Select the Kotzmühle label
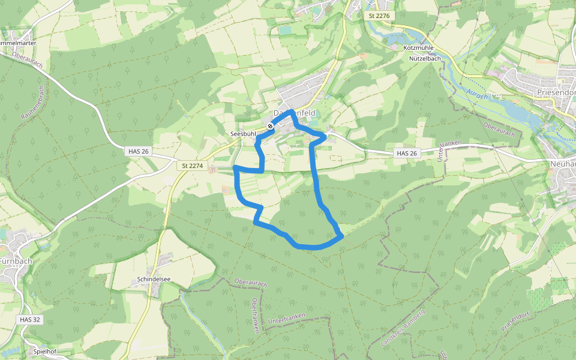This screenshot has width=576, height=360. [418, 47]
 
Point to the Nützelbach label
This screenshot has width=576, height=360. [425, 59]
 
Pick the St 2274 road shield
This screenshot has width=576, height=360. [193, 165]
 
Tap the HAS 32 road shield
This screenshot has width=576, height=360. [29, 320]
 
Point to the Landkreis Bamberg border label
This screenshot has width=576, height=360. [403, 328]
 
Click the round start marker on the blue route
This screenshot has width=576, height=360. [271, 125]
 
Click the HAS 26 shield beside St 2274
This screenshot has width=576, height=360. [138, 152]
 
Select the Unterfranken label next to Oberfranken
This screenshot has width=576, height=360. [287, 322]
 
